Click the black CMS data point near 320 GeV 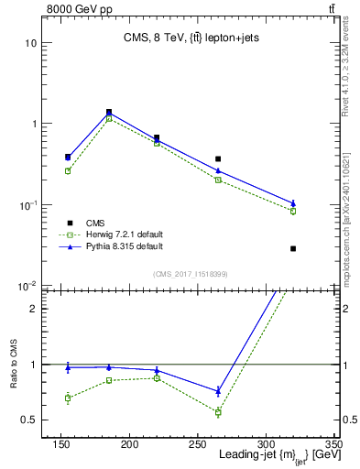pyautogui.click(x=293, y=248)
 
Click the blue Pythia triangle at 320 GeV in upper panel pyautogui.click(x=293, y=203)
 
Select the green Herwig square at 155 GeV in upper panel pyautogui.click(x=68, y=171)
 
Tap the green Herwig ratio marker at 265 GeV pyautogui.click(x=218, y=412)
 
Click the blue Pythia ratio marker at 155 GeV pyautogui.click(x=68, y=367)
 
